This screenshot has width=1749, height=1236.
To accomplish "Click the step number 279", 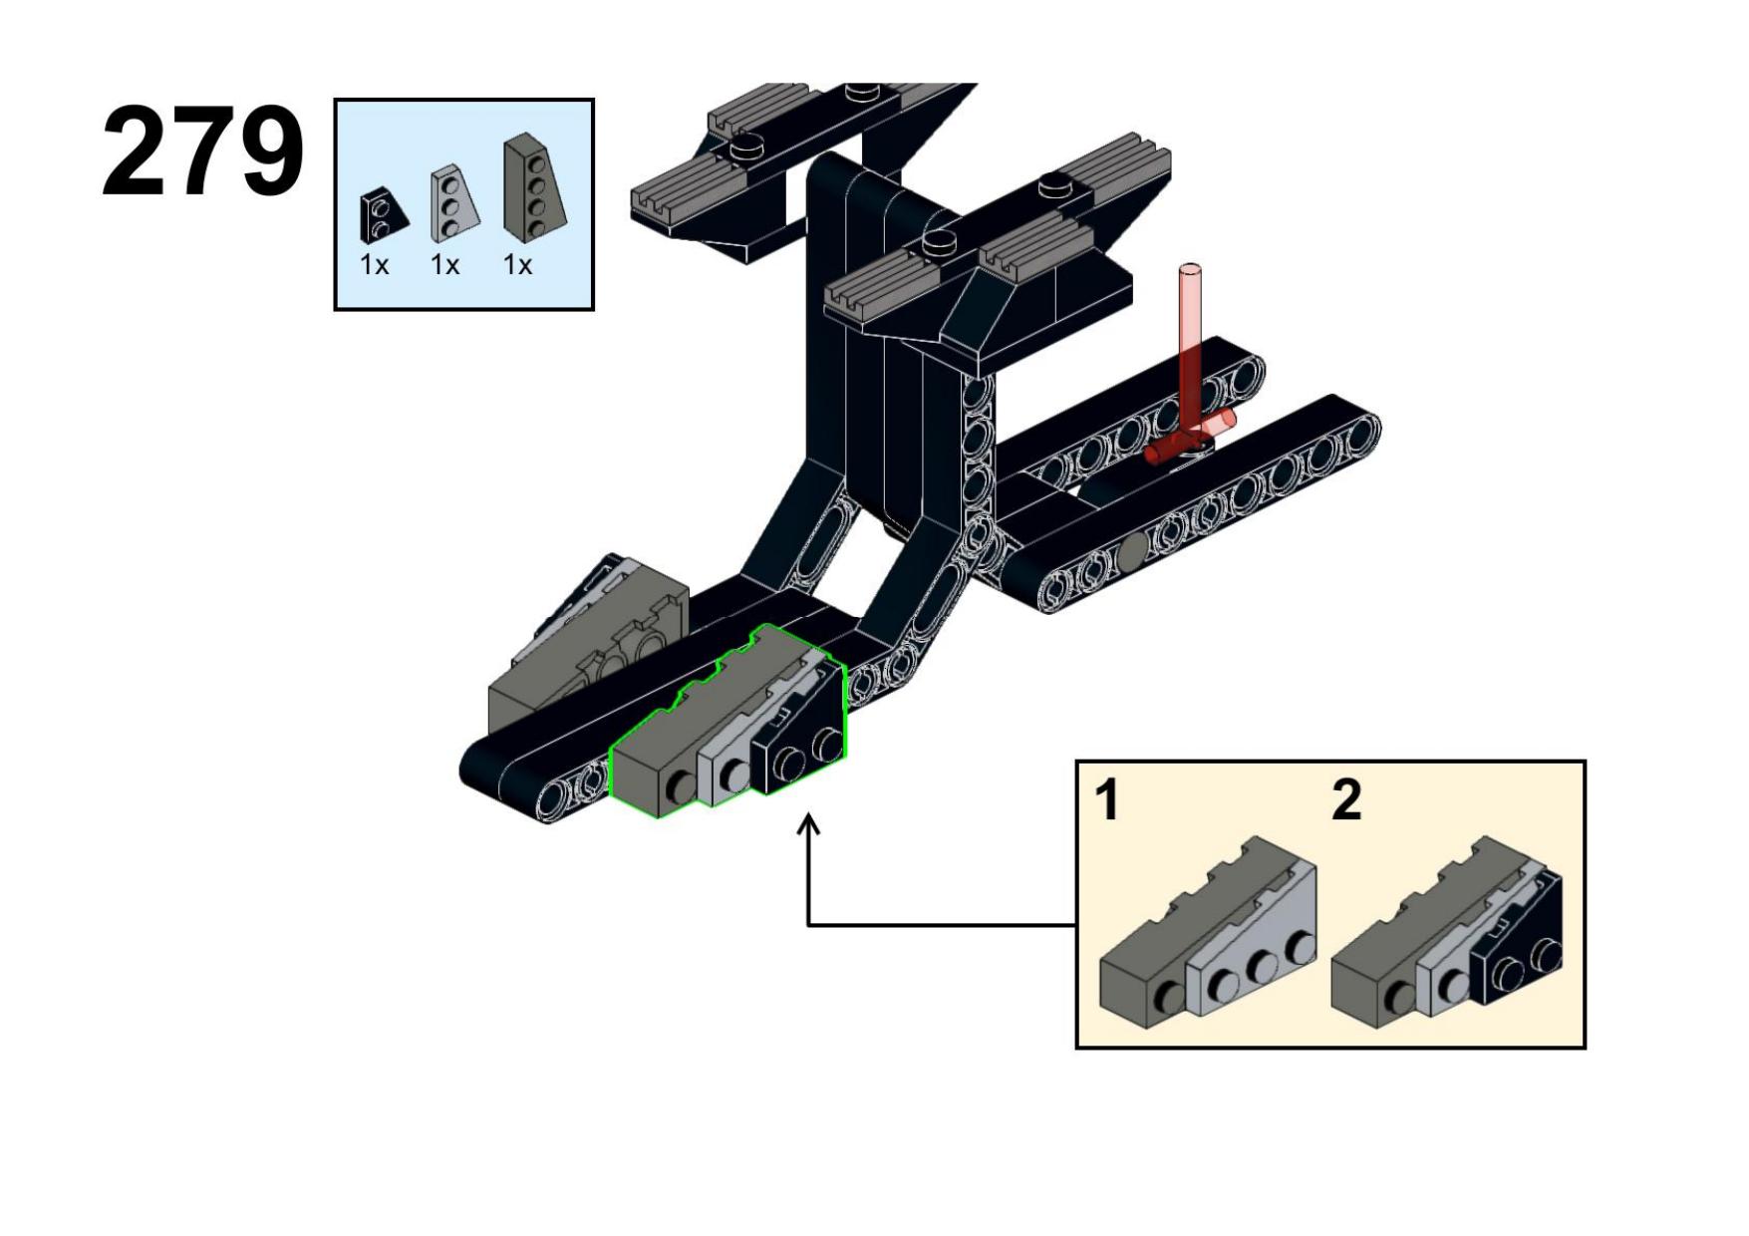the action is point(202,153).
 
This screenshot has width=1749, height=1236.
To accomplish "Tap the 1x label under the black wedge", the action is point(375,265).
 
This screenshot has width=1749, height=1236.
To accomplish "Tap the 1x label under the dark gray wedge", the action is point(518,265).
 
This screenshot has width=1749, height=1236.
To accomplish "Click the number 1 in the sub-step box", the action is point(1107,800).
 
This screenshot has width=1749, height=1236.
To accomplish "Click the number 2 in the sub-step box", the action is point(1346,800).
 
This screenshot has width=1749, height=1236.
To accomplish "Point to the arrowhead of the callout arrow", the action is point(809,823).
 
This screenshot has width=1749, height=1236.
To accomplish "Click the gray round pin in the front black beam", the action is point(1133,549).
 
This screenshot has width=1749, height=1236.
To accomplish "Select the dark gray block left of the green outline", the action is point(588,648).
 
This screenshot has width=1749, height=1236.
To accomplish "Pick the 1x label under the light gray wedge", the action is point(445,265).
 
